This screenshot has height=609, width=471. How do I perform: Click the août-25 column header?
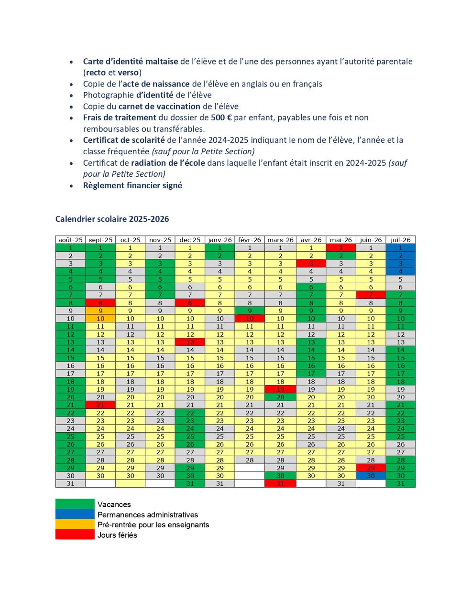(70, 240)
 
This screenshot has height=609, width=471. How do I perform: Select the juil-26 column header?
(400, 240)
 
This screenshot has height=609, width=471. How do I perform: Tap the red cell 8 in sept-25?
(100, 303)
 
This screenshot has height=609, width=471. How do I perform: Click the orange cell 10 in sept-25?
(100, 319)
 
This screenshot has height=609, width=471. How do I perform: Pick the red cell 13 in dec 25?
(190, 342)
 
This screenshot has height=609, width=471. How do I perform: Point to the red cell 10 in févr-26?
(250, 319)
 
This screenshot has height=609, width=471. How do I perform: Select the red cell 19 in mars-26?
(280, 389)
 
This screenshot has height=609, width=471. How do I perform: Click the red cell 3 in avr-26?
(311, 264)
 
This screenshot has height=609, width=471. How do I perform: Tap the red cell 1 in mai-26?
(341, 248)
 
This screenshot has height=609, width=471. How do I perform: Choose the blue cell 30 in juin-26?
(371, 476)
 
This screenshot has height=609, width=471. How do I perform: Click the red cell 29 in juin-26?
(371, 468)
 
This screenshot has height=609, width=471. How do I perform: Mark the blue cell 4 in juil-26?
(400, 271)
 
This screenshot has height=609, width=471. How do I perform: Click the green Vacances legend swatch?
(75, 504)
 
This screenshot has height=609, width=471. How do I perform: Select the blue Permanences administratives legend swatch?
(75, 514)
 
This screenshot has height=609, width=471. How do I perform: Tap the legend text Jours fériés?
(117, 535)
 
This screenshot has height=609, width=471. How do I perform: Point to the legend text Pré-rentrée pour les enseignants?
(153, 524)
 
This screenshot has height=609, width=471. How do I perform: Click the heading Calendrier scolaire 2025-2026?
(112, 219)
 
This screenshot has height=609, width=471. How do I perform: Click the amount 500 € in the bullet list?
(221, 118)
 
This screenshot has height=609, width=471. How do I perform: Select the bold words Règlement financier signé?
(132, 185)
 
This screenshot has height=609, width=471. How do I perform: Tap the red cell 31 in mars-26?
(280, 483)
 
